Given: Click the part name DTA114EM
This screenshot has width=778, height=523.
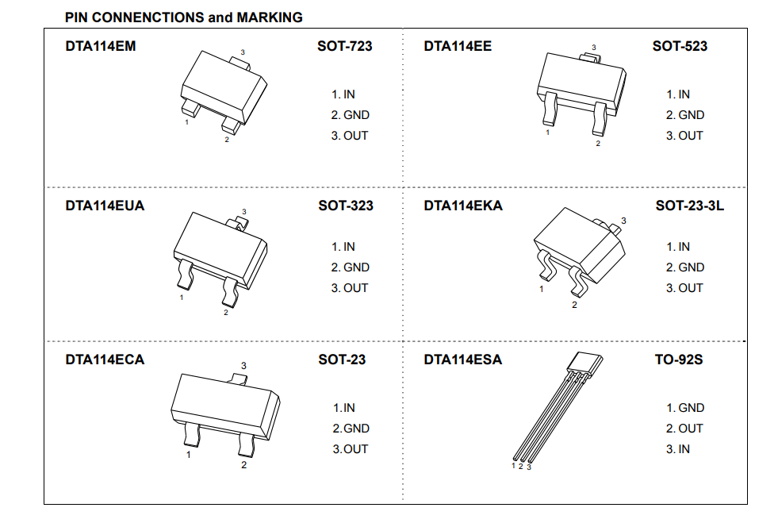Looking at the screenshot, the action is point(100,46).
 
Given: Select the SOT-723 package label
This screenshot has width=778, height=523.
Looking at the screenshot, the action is point(345,46).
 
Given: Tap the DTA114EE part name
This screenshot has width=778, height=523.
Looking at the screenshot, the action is point(458,46).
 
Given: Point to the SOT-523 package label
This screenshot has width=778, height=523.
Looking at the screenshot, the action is point(680,46).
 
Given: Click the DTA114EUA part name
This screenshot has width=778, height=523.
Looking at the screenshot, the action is point(105,206).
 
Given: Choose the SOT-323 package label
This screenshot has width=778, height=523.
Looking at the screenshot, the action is point(346,206).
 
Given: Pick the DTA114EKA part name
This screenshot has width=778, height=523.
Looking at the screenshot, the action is point(463,206).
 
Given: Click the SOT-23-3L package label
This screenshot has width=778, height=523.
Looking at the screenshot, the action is point(690,206).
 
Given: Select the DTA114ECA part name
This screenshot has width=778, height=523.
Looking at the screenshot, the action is point(105,360).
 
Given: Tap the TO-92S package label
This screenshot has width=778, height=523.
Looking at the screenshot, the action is point(679,360).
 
